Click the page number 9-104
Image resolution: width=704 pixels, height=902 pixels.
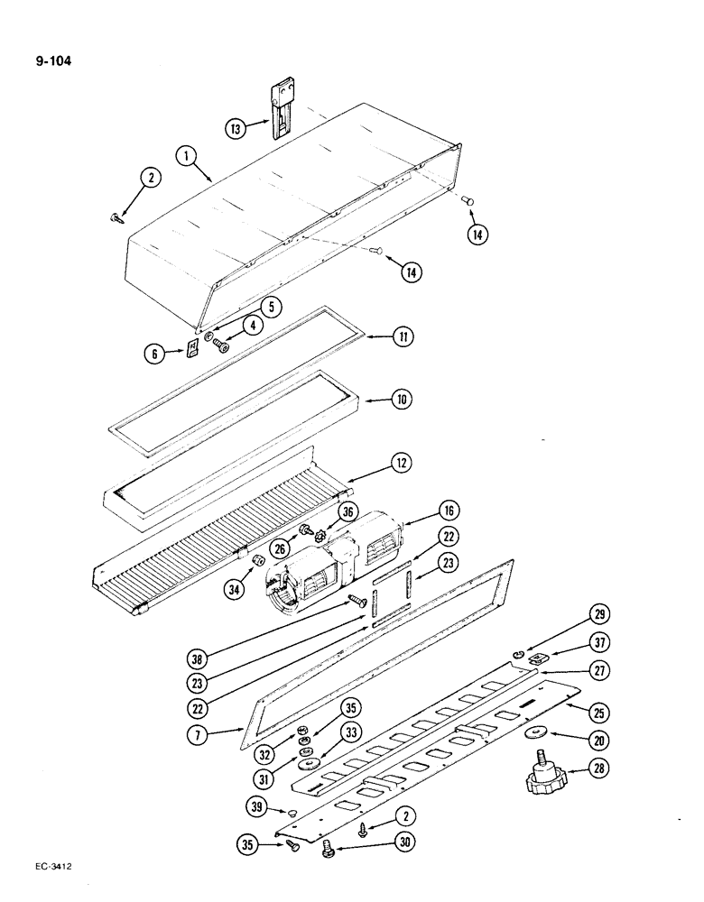point(54,62)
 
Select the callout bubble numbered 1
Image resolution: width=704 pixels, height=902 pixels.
point(187,157)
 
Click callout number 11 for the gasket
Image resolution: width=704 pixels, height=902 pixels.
point(403,337)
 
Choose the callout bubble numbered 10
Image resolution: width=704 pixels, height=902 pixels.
point(403,398)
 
